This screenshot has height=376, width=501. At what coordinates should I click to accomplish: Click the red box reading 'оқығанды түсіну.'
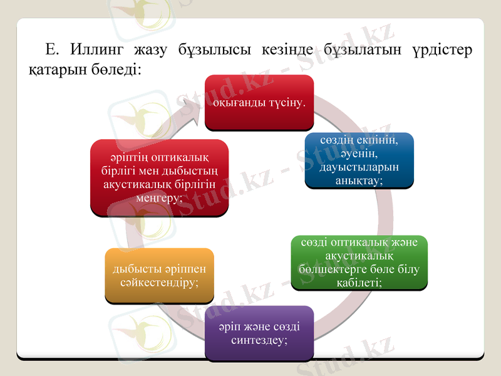[x=259, y=102]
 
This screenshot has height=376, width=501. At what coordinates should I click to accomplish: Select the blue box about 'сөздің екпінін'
[x=359, y=160]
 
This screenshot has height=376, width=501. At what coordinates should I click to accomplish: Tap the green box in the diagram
[x=359, y=262]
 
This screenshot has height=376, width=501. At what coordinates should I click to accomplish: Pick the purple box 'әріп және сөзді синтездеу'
[x=259, y=333]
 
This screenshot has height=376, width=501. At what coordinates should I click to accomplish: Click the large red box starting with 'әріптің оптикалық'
[x=159, y=177]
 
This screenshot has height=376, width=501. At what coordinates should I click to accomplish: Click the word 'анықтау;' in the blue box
[x=359, y=180]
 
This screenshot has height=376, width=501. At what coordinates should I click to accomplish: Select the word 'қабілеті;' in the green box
[x=359, y=283]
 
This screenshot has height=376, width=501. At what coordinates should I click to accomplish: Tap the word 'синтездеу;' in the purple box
[x=259, y=340]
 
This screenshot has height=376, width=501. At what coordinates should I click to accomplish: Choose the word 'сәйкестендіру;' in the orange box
[x=159, y=283]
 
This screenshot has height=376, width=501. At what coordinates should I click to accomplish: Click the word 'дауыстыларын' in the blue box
[x=359, y=167]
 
